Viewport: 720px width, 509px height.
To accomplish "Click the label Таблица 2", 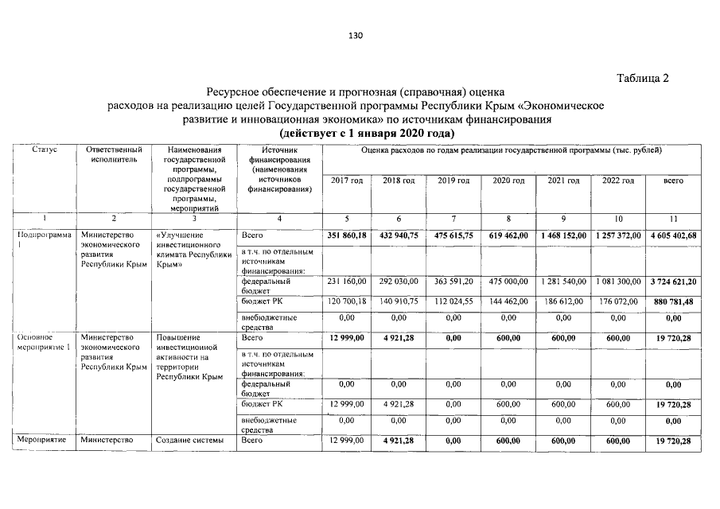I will (643, 78).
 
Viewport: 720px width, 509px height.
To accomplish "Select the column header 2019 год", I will (453, 181).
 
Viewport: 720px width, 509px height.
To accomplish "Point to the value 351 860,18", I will (347, 236).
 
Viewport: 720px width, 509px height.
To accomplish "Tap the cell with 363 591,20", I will (455, 282).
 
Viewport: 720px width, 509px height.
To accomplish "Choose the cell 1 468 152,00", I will (562, 236).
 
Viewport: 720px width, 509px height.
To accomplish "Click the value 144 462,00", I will (509, 302).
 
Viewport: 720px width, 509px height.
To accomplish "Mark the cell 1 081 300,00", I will (617, 282).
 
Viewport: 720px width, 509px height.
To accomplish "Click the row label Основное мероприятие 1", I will (44, 342).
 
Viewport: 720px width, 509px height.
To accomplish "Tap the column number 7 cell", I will (453, 218).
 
